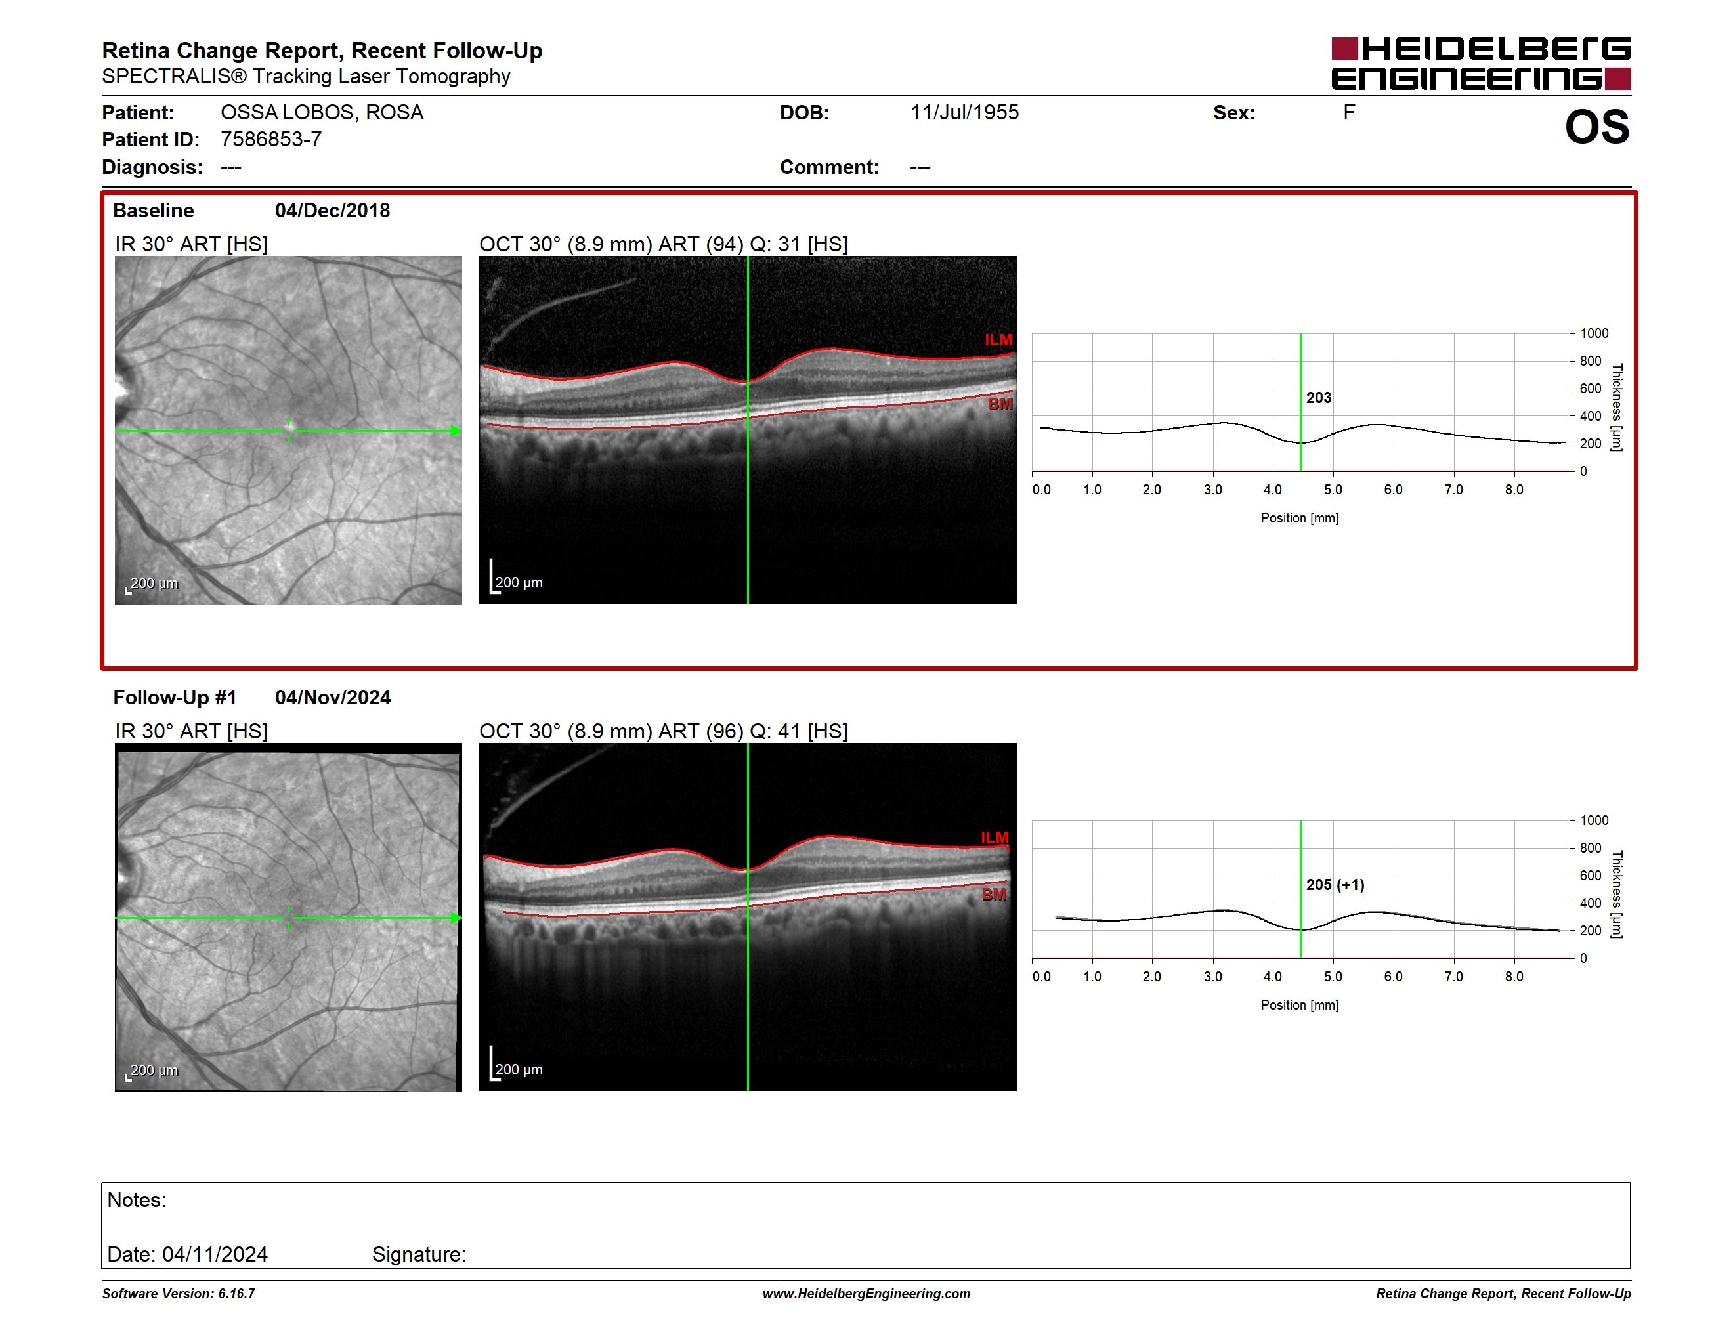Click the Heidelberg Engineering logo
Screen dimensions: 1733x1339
[x=1481, y=64]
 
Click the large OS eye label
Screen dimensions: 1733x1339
[x=1596, y=127]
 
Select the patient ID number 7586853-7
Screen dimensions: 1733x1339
[x=270, y=140]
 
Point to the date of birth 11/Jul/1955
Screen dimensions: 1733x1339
[x=964, y=113]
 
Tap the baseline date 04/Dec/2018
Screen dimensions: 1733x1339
[x=332, y=210]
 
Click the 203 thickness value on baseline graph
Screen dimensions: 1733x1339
[x=1319, y=397]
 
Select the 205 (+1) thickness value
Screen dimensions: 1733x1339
[x=1335, y=885]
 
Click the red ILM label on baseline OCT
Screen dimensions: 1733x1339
[x=998, y=340]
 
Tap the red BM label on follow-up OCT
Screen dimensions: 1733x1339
[x=993, y=894]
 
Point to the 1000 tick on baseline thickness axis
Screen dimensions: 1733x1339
[x=1594, y=333]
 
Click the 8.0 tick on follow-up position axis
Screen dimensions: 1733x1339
[x=1514, y=977]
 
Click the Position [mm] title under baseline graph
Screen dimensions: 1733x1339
[x=1300, y=518]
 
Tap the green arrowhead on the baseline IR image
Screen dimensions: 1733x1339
[x=456, y=431]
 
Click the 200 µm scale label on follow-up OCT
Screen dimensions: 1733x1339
[x=519, y=1069]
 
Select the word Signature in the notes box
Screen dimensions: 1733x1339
[x=418, y=1254]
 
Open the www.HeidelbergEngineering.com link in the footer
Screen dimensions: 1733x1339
[x=867, y=1294]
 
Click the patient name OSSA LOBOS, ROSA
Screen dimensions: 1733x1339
[x=322, y=113]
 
